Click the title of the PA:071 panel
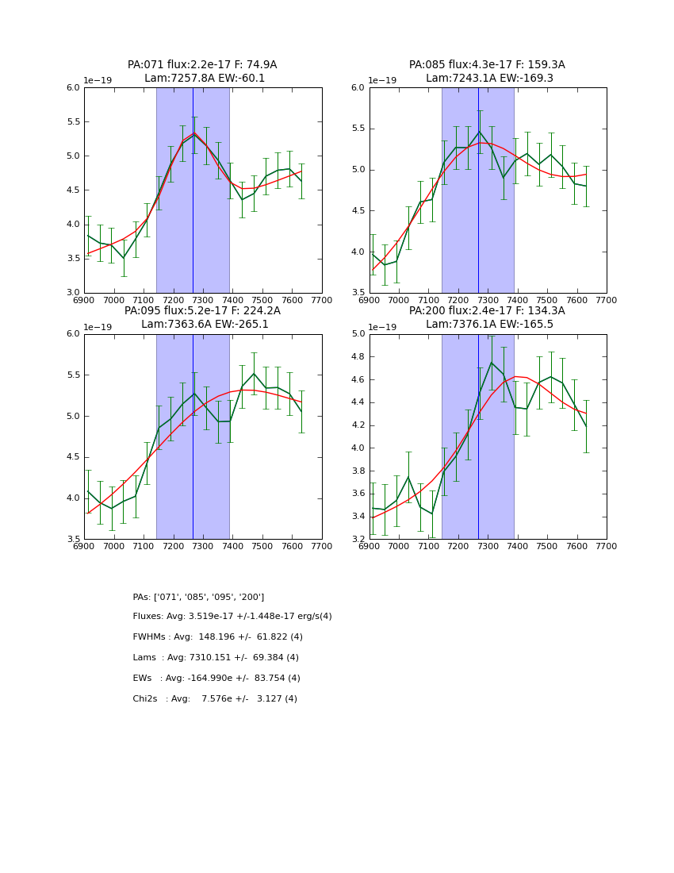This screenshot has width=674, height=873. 202,71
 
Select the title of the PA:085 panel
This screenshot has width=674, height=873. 487,71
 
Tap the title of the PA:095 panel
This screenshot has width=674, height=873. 202,317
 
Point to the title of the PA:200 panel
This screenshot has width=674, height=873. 487,317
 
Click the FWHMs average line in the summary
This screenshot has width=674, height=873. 218,637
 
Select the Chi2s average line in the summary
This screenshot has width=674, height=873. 215,699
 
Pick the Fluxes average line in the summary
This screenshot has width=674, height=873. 232,617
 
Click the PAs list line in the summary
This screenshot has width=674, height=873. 198,597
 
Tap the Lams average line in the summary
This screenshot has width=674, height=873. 216,658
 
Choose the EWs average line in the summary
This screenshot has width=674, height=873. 216,679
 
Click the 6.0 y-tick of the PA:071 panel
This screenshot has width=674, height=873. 73,88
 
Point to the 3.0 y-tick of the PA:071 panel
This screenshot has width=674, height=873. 73,293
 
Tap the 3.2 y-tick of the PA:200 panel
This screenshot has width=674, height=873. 358,539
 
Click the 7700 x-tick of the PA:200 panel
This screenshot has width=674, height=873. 607,546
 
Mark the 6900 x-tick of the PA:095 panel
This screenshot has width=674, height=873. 84,546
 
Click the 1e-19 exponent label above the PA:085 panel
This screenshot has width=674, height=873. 383,81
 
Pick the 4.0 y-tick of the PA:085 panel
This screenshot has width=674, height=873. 358,252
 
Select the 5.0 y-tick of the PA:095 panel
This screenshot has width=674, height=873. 73,417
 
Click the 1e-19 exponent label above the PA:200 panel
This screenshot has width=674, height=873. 383,327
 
